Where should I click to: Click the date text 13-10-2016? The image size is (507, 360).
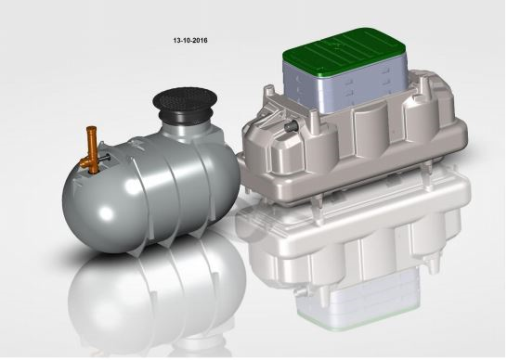pyautogui.click(x=190, y=41)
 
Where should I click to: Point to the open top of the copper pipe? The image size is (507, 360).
pyautogui.click(x=92, y=128)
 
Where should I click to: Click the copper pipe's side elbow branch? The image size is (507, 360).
pyautogui.click(x=84, y=162)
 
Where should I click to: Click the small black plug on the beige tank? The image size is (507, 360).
pyautogui.click(x=289, y=127)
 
